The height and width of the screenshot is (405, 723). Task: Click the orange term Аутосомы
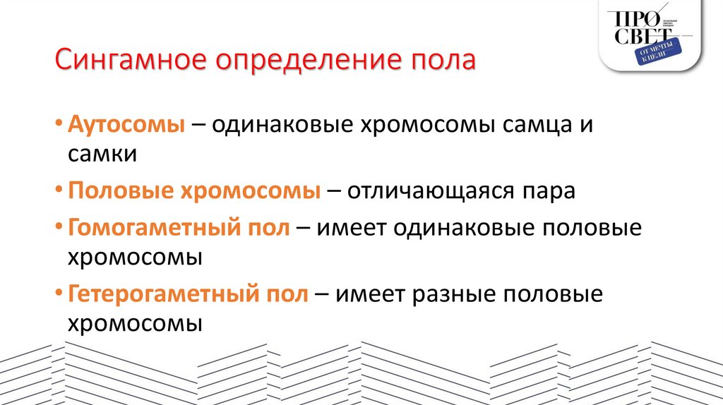pyautogui.click(x=126, y=124)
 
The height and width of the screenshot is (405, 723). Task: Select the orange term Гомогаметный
pyautogui.click(x=156, y=228)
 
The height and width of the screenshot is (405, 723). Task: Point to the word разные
pyautogui.click(x=453, y=294)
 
